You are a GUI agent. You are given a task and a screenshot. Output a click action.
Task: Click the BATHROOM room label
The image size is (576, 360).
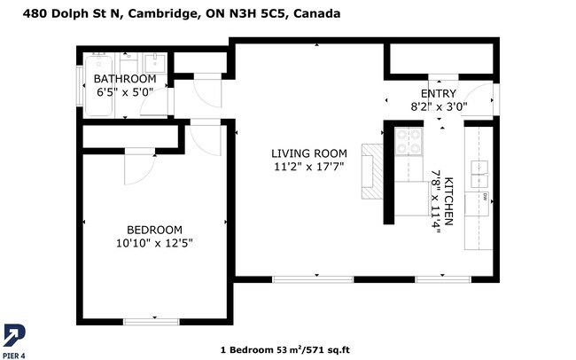click(124, 79)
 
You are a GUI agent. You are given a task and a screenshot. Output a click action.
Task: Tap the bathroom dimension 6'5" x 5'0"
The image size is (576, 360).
click(124, 91)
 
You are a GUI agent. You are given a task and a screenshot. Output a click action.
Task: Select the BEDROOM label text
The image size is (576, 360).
click(154, 229)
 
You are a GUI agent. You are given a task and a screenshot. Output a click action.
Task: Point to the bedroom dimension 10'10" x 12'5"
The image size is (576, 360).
click(154, 242)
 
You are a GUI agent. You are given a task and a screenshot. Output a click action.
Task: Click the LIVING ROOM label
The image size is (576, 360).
click(308, 153)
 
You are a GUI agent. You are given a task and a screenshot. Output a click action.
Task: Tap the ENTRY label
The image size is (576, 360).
click(438, 94)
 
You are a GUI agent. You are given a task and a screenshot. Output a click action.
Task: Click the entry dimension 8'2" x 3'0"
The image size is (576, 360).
click(438, 106)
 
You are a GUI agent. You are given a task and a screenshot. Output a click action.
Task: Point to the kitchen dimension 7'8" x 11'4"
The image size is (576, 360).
click(435, 200)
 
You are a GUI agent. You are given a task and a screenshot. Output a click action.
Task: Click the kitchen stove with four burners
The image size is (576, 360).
click(409, 142)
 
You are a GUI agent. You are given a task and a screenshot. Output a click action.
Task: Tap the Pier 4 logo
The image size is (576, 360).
click(14, 337)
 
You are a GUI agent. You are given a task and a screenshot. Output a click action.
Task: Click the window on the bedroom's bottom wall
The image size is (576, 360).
click(153, 320)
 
